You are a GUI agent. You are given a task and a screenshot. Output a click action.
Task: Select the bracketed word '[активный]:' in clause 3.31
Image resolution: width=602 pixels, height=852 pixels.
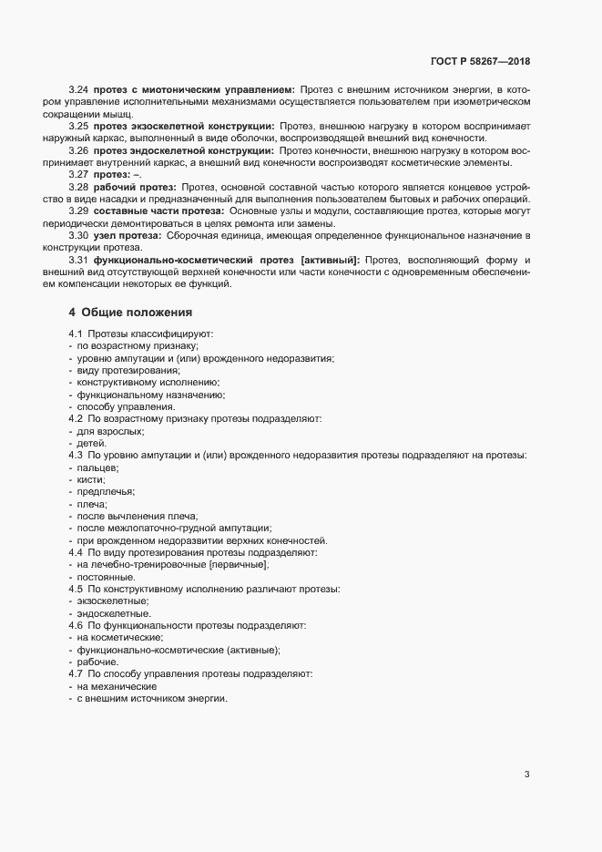333,261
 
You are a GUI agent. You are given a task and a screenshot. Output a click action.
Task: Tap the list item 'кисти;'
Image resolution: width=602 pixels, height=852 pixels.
92,479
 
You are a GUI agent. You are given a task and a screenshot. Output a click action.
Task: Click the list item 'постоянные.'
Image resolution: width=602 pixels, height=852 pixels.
107,577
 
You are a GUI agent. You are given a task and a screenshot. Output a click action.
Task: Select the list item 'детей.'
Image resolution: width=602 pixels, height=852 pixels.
92,443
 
